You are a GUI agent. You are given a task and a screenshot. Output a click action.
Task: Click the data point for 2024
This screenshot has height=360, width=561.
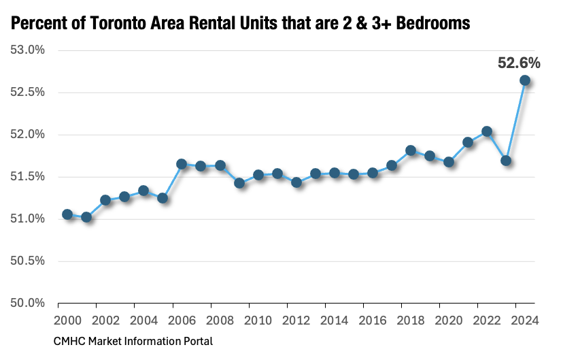click(x=525, y=80)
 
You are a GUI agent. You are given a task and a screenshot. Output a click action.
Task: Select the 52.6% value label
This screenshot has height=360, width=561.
click(x=519, y=63)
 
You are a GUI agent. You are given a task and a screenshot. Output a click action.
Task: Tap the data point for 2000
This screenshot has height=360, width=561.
click(x=67, y=214)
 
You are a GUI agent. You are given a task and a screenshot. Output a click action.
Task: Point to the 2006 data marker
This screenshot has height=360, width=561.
click(x=182, y=164)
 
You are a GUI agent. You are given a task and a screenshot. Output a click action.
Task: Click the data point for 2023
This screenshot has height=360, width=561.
click(x=506, y=161)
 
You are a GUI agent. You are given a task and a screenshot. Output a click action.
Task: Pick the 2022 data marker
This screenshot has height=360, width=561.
click(x=487, y=131)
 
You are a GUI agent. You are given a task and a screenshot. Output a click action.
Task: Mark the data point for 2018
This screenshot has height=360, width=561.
click(x=411, y=150)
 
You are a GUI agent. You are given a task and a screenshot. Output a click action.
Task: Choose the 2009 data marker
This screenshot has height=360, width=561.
click(x=239, y=183)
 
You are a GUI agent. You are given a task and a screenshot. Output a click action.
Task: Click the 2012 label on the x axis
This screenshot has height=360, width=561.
click(x=296, y=321)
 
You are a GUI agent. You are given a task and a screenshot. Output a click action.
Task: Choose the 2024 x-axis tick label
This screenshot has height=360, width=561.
click(x=524, y=321)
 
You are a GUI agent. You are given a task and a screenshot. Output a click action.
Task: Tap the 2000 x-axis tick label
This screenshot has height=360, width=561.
click(x=67, y=321)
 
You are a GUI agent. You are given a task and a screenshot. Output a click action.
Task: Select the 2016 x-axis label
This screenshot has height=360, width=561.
click(x=373, y=321)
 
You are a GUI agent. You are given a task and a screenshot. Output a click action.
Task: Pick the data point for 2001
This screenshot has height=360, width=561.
click(x=86, y=217)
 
